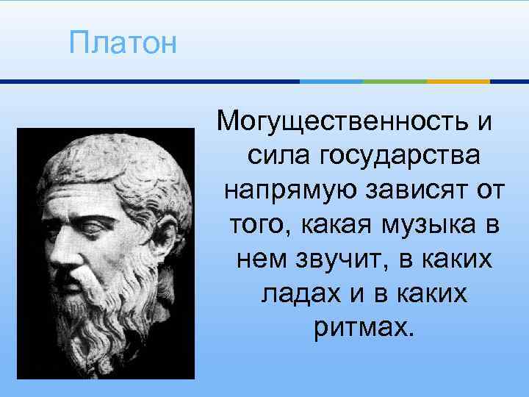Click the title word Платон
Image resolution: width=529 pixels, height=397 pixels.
pyautogui.click(x=123, y=43)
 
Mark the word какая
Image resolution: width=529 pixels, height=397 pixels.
pyautogui.click(x=340, y=224)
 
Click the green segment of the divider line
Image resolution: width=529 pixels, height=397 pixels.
pyautogui.click(x=395, y=81)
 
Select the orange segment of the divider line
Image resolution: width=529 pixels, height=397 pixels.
pyautogui.click(x=458, y=81)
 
